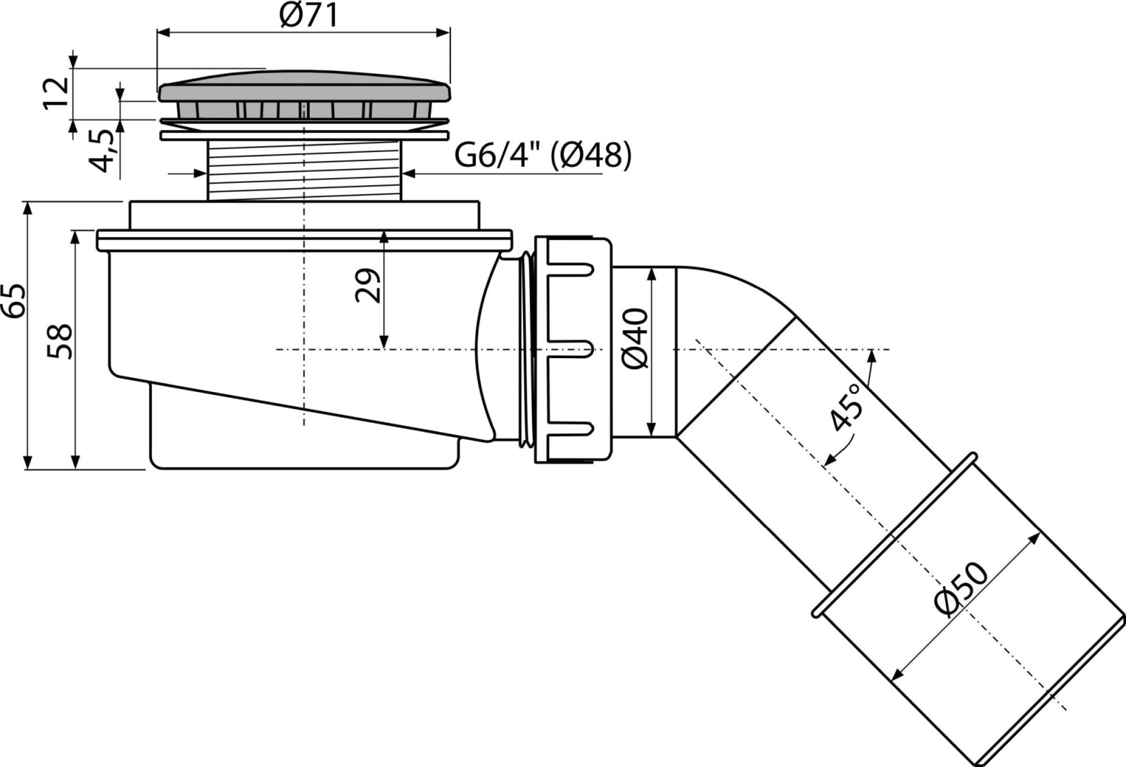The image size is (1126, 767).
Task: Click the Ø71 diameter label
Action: [309, 16]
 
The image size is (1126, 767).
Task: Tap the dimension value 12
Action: [56, 94]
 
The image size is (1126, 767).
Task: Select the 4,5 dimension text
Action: [103, 151]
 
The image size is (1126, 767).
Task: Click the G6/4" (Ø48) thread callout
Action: [543, 156]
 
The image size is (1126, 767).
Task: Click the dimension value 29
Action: [367, 286]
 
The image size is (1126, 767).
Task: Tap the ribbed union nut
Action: [573, 349]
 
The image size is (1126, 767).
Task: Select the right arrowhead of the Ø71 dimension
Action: [443, 33]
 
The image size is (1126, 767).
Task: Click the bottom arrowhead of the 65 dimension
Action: [28, 462]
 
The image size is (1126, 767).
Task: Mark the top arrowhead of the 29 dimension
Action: [384, 238]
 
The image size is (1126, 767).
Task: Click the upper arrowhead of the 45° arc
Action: [872, 356]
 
